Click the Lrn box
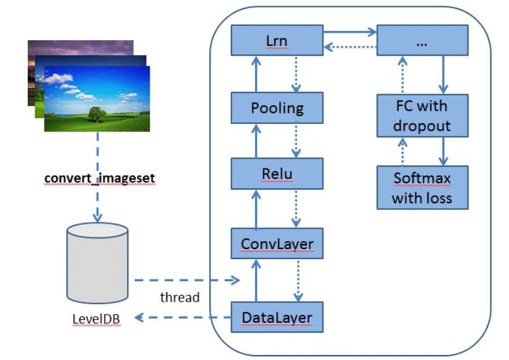click(277, 40)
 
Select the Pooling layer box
click(277, 108)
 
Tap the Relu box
click(277, 173)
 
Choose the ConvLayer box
click(277, 244)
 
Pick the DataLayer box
click(277, 317)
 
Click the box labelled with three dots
click(422, 40)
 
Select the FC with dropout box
click(422, 116)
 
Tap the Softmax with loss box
click(422, 188)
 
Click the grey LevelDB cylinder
click(97, 263)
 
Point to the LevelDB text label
click(96, 319)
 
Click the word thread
click(180, 297)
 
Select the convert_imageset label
click(100, 178)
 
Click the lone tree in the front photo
click(97, 115)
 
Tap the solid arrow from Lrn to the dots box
click(350, 32)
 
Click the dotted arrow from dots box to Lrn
click(350, 47)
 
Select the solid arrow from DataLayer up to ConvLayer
click(256, 281)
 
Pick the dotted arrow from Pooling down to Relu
click(296, 140)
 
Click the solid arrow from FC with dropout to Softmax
click(443, 151)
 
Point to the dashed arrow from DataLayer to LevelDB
click(183, 317)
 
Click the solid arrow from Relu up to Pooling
click(256, 141)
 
